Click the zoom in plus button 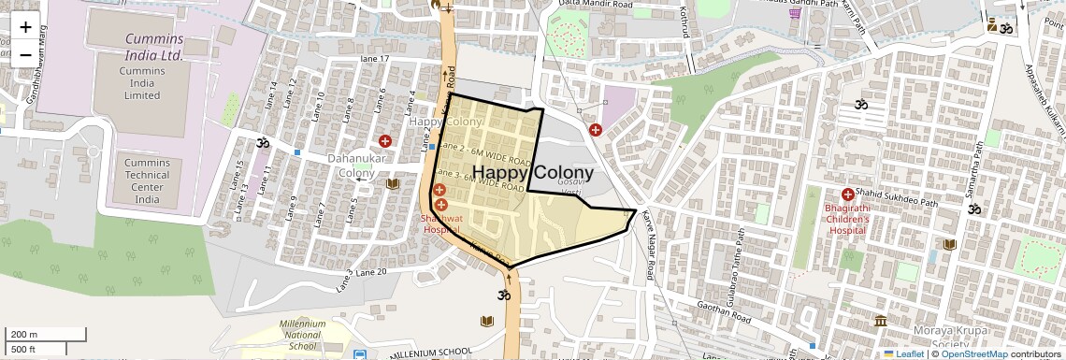coord(25,27)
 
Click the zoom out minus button coord(25,54)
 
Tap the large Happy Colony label coord(533,173)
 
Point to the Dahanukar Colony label coord(351,166)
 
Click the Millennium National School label coord(303,335)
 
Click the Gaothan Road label coord(725,312)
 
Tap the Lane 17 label coord(375,59)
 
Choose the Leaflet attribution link coord(903,354)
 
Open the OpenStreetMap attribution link coord(973,354)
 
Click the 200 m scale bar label coord(23,335)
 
